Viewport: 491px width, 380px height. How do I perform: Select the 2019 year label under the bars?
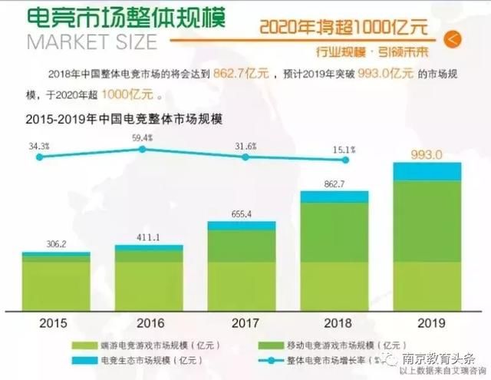428,322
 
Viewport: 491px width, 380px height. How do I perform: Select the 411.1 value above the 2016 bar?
149,238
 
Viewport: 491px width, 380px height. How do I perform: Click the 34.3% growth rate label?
40,145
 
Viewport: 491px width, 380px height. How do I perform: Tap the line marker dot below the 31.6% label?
245,157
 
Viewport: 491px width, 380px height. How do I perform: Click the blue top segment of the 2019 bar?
428,171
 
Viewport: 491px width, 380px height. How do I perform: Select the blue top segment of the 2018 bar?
334,197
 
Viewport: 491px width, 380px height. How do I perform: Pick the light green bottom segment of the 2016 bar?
149,285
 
